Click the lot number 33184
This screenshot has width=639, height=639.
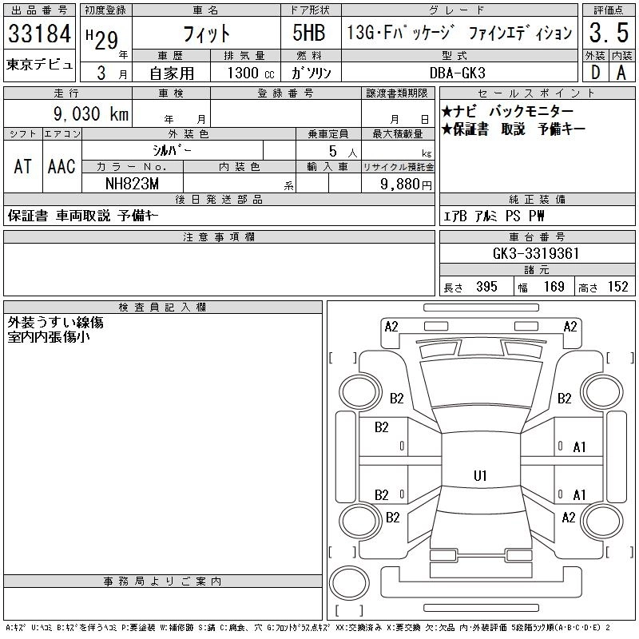point(39,34)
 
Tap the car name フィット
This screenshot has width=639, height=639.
point(205,34)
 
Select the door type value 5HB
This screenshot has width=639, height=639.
point(310,34)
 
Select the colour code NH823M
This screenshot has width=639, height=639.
point(133,184)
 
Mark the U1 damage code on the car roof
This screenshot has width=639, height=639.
point(480,475)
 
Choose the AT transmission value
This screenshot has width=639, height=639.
point(22,166)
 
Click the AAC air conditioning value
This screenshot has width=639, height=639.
point(62,166)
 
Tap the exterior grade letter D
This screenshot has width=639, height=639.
point(594,71)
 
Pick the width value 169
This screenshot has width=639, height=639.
point(554,287)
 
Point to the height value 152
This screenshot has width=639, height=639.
point(617,287)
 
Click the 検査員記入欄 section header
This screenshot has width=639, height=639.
point(162,308)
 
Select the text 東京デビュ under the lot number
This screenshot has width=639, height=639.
point(39,64)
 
